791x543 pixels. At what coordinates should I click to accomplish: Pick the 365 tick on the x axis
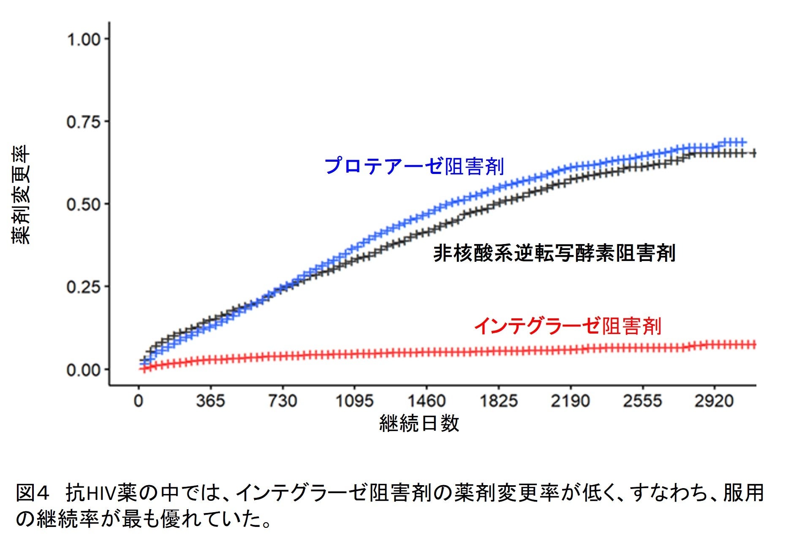(210, 401)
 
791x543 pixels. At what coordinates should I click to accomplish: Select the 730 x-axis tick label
(283, 401)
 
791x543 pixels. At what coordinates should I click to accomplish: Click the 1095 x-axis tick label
(354, 401)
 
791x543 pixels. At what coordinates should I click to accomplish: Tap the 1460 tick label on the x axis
(427, 401)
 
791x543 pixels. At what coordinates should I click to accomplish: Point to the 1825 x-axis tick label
(498, 401)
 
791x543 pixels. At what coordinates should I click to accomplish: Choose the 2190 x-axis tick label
(570, 401)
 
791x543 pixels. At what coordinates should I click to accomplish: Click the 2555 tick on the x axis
(642, 401)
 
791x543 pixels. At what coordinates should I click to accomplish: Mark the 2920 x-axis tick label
(714, 401)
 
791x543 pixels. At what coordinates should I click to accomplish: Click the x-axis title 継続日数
(419, 423)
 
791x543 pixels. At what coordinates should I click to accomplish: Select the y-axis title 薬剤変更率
(21, 195)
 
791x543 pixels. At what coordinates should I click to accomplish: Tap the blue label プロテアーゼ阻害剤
(414, 166)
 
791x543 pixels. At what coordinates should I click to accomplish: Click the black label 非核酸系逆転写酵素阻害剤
(554, 253)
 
